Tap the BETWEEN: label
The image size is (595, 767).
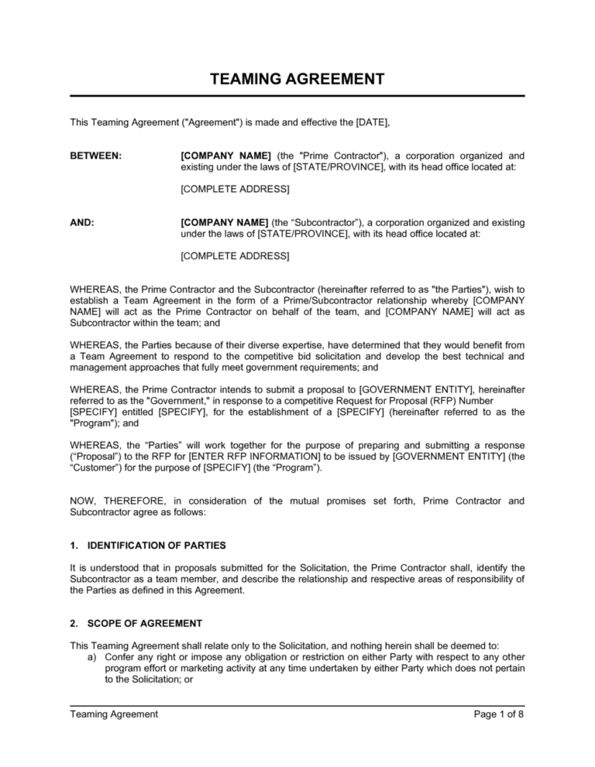coord(95,156)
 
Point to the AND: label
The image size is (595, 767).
coord(82,221)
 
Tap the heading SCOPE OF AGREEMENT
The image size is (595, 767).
coord(144,622)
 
